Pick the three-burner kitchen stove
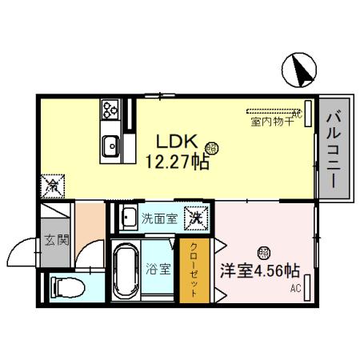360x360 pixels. coord(110,109)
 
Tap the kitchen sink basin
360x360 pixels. coord(110,146)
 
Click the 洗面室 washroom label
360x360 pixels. coord(158,217)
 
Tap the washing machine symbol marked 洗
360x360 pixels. coord(194,216)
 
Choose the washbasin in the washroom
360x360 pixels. coord(127,217)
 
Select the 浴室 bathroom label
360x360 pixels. coord(158,268)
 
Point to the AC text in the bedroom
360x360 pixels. coord(295,288)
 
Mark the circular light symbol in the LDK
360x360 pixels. coord(211,147)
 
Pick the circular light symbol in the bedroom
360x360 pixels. coord(263,251)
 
